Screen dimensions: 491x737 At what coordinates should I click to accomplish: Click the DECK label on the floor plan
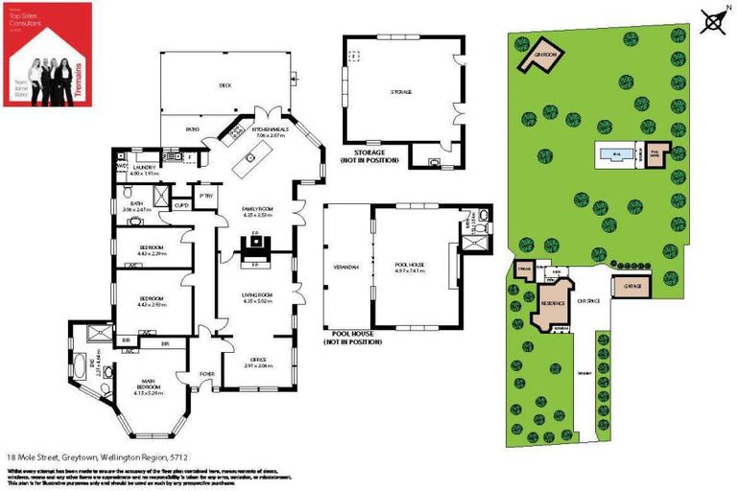[226, 85]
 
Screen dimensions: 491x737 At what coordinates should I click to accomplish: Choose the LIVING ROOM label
[258, 296]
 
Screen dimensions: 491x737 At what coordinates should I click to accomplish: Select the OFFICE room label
[258, 361]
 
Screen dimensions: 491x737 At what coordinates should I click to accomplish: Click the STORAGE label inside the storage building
[400, 92]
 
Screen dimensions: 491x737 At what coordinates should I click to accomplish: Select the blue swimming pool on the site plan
[613, 153]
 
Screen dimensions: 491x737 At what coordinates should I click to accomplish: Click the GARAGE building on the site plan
[632, 287]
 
